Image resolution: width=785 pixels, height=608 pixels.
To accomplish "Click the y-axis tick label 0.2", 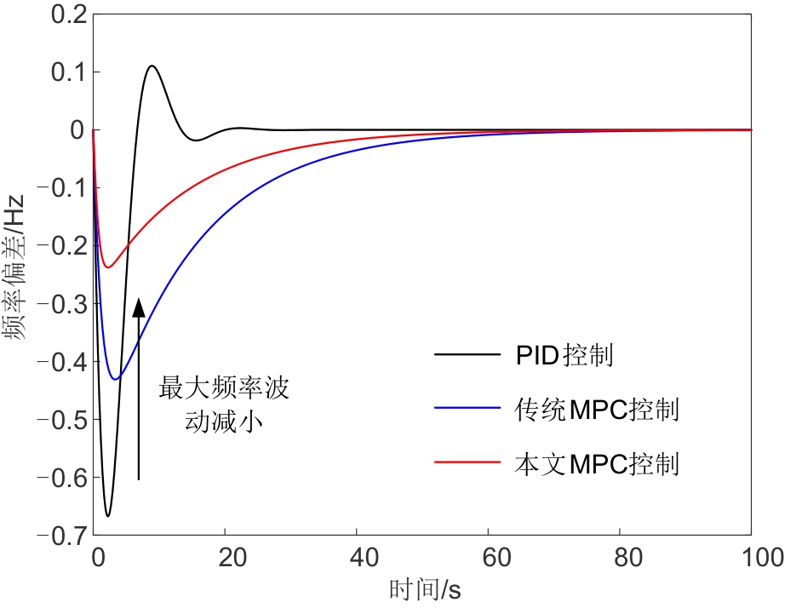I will (65, 14).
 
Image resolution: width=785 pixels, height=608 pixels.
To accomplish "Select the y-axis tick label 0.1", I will (65, 72).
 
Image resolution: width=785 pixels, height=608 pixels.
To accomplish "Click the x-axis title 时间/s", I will (423, 589).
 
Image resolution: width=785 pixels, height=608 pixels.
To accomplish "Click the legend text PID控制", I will (564, 354).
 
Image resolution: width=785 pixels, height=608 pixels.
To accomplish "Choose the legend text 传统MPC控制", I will (597, 409).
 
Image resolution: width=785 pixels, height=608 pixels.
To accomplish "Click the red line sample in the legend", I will (466, 464).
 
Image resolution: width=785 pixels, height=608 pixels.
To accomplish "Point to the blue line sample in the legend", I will (466, 409).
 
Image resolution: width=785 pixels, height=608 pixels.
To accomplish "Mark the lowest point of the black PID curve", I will (107, 516).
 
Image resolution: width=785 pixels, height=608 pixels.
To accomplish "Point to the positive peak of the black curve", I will (152, 66).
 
